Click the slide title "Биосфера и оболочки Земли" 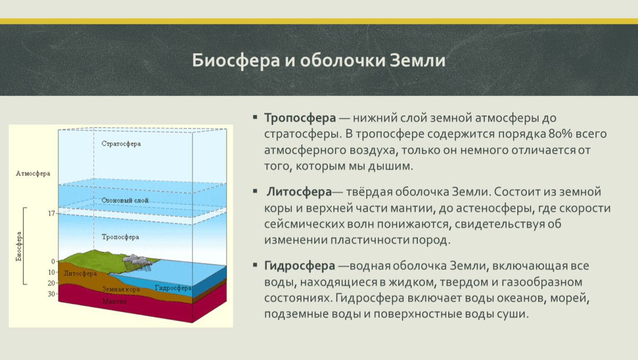318,60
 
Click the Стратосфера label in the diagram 121,144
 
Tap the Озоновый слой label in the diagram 124,200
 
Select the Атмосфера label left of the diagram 33,173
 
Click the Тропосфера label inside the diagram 120,237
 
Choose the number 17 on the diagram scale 52,213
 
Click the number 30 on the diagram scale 52,294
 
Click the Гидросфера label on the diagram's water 173,288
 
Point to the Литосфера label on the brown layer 80,274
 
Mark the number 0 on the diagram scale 53,261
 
